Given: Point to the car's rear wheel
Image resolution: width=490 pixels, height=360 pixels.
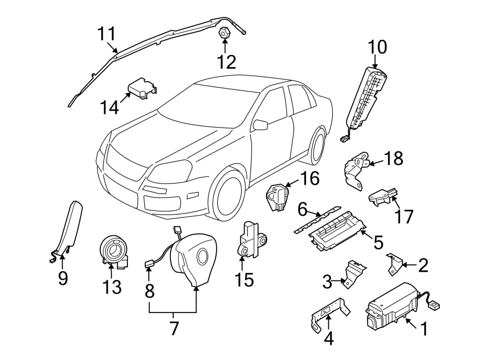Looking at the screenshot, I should pos(318,144).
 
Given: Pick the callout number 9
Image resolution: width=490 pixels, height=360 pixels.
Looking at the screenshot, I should pos(63,279).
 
